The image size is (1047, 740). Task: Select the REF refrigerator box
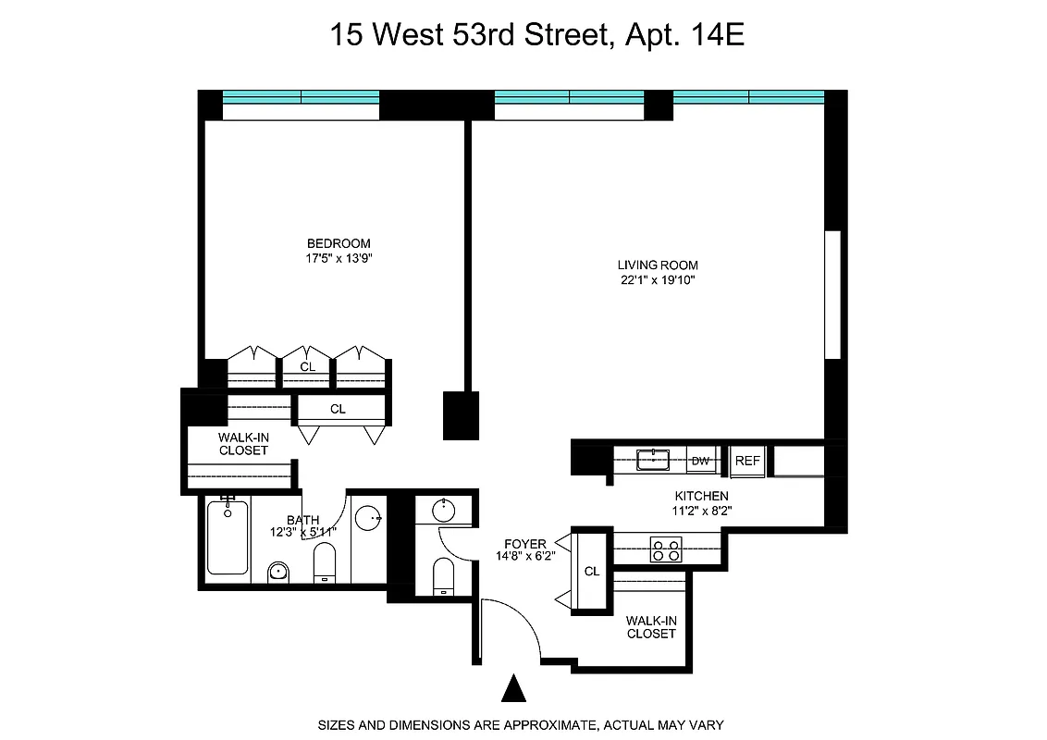(746, 459)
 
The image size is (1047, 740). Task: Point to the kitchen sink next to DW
(653, 458)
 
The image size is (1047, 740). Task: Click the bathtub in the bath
(227, 536)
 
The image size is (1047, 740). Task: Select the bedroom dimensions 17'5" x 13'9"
(339, 259)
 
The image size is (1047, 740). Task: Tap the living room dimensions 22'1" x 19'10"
(659, 280)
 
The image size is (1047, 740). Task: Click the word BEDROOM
(339, 244)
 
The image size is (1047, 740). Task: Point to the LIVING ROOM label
(659, 265)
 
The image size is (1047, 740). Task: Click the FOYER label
(524, 543)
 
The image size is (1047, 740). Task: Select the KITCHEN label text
(700, 496)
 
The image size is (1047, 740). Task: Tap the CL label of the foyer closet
(592, 571)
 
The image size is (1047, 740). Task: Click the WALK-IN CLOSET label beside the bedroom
(243, 443)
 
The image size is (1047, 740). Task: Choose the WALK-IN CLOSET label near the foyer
(651, 627)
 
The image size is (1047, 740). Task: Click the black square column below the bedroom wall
(461, 415)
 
